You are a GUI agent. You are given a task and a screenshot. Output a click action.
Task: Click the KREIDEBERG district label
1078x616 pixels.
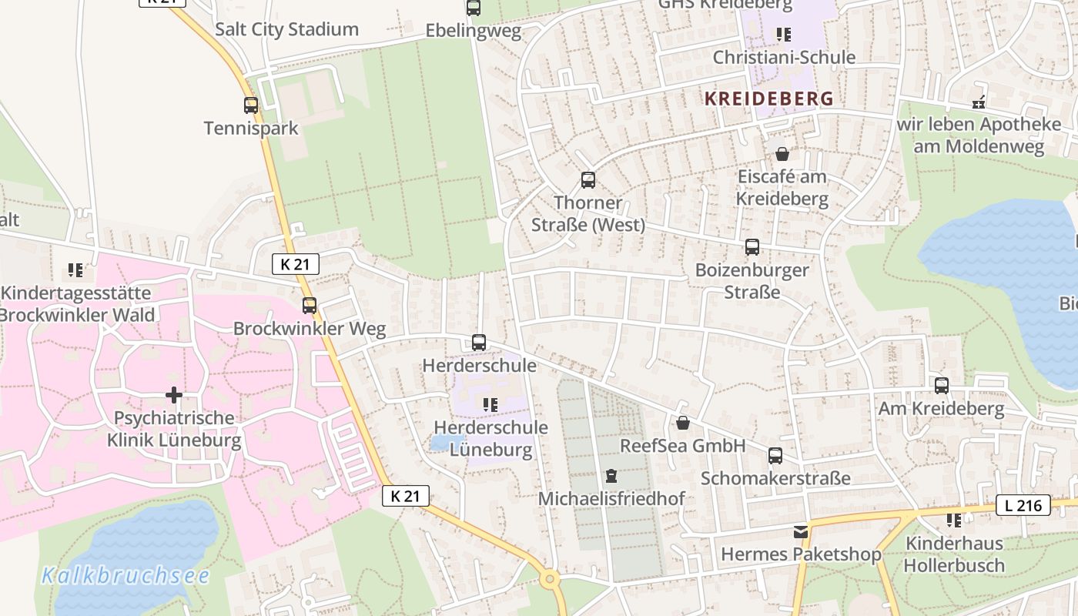click(x=768, y=99)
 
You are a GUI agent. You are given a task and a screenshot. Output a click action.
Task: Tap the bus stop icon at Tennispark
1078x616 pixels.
click(x=251, y=105)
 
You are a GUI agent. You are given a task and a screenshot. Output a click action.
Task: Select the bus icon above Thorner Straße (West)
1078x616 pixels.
click(x=588, y=180)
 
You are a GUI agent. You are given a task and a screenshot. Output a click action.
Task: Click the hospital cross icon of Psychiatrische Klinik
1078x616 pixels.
click(x=174, y=395)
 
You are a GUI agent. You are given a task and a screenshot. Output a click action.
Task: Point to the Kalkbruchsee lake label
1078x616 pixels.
click(x=126, y=575)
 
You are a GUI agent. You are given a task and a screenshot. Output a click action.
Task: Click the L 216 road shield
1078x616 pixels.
click(x=1023, y=505)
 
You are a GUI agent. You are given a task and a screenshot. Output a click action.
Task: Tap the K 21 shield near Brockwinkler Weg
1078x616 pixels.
click(x=296, y=264)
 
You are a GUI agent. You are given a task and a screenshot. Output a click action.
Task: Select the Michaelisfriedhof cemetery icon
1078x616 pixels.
click(x=611, y=476)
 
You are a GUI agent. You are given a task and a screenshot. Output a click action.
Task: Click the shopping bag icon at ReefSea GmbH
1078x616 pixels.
click(x=683, y=423)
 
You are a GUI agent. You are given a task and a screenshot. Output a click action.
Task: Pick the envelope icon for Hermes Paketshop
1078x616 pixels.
click(x=801, y=531)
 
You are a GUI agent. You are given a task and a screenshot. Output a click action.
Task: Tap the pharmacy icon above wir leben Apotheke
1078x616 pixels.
click(x=979, y=101)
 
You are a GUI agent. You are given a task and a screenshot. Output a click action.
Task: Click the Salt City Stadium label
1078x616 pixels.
click(x=286, y=29)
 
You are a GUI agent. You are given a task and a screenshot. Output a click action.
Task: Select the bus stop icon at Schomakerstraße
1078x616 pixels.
click(x=775, y=455)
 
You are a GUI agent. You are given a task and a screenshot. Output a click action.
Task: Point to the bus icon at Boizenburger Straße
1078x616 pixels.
click(x=752, y=247)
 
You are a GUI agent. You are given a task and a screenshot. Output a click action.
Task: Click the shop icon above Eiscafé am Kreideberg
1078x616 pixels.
click(x=782, y=154)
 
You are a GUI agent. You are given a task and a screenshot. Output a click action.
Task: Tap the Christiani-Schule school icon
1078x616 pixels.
click(x=784, y=35)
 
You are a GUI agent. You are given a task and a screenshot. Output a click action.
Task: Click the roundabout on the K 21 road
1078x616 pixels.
click(x=550, y=580)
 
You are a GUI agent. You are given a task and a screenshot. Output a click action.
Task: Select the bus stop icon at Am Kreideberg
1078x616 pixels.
click(x=942, y=386)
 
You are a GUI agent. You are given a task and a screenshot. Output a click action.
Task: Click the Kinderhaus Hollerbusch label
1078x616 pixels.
click(x=954, y=554)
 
